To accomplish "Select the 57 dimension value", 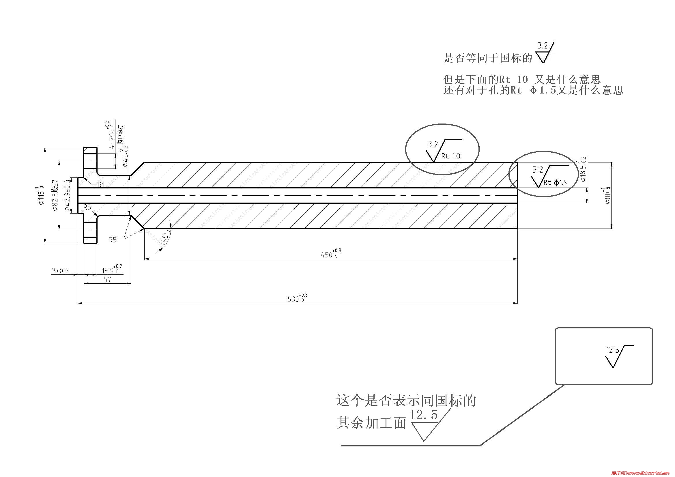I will [107, 280].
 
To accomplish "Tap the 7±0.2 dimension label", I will [60, 271].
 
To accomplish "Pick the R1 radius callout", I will [101, 185].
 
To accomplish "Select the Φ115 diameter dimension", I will [41, 195].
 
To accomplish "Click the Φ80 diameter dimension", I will [607, 195].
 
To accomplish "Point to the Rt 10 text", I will [450, 156].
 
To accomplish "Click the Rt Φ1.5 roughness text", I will [555, 183].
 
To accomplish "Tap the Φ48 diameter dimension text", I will [125, 156].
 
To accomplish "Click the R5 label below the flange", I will [113, 240].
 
